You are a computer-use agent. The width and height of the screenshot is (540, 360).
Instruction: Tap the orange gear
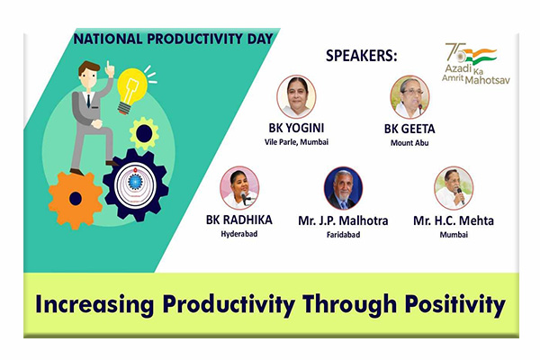[x=76, y=200]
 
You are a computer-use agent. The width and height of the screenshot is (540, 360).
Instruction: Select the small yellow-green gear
[x=144, y=133]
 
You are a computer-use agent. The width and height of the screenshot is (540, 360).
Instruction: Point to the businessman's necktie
[x=88, y=101]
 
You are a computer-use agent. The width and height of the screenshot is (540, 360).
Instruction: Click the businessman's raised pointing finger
[x=108, y=65]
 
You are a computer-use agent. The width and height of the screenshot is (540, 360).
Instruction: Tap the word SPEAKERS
[x=362, y=56]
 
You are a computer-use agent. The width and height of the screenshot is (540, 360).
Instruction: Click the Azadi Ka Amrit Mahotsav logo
[x=476, y=63]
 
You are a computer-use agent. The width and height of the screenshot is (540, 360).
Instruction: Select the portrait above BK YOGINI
[x=296, y=97]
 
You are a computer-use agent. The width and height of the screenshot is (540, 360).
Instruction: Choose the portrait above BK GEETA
[x=409, y=97]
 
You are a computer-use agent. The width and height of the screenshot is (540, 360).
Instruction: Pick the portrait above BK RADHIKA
[x=239, y=188]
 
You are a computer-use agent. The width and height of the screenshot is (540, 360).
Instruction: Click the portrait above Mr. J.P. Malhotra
[x=344, y=188]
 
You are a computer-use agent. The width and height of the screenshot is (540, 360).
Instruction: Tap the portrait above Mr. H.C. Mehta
[x=454, y=188]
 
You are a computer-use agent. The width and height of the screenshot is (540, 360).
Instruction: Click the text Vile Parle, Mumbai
[x=296, y=141]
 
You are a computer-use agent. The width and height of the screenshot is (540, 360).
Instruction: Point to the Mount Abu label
[x=409, y=142]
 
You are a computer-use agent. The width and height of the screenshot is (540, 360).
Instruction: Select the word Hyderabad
[x=239, y=234]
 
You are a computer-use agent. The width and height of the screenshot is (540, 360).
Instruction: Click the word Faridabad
[x=344, y=235]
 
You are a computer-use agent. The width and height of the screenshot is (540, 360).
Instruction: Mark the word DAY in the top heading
[x=260, y=39]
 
